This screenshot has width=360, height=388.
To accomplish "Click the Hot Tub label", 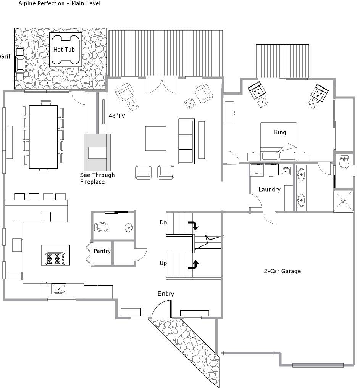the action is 64,50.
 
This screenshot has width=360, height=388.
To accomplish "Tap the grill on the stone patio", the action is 20,64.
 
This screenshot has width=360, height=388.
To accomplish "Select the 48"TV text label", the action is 117,116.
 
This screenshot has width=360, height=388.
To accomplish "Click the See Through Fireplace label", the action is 97,178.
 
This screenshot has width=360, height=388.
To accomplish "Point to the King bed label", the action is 280,132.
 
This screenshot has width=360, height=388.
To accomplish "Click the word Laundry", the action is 270,190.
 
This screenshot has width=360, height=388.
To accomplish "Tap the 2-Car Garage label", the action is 282,271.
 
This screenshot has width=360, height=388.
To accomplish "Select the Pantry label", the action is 102,251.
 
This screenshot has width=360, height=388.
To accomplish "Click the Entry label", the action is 166,294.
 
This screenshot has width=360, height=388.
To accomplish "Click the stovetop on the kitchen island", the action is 55,259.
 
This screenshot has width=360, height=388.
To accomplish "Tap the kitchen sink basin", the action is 58,289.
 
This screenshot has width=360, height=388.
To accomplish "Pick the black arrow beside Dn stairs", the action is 194,225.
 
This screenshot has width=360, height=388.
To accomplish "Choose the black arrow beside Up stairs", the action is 194,265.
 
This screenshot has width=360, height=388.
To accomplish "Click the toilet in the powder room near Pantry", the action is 101,227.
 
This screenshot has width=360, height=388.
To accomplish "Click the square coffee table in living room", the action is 155,138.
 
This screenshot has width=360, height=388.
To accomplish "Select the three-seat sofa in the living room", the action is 186,141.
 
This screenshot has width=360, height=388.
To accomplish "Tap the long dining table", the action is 43,137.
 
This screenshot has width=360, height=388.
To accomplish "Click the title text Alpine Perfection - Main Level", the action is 60,3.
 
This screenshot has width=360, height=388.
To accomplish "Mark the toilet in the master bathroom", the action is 344,162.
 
